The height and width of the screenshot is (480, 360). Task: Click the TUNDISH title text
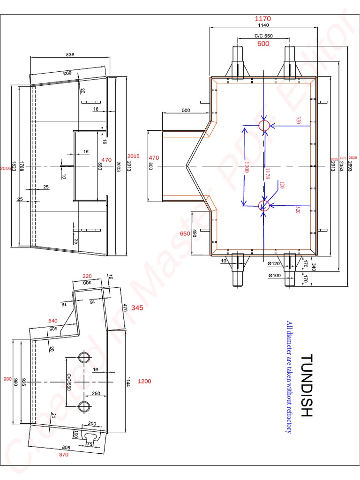(306, 385)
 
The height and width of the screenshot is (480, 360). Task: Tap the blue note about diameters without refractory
(289, 377)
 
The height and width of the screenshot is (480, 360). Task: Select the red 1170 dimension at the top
(262, 19)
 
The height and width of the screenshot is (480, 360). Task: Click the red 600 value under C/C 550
(263, 44)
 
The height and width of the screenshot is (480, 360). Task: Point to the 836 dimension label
(70, 55)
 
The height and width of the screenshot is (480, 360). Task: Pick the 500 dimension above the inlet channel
(186, 111)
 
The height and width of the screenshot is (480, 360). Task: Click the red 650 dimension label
(186, 233)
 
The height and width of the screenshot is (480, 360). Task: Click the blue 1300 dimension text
(246, 166)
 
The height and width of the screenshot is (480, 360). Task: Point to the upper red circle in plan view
(264, 125)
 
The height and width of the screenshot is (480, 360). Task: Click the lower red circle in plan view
(264, 204)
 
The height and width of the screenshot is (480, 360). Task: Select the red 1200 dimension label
(144, 382)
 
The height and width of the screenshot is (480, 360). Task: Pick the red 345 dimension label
(137, 308)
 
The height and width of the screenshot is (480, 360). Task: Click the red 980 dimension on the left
(7, 379)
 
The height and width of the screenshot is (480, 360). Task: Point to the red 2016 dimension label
(5, 168)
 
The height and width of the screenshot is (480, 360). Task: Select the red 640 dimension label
(53, 321)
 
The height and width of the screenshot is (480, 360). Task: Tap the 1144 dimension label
(127, 382)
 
